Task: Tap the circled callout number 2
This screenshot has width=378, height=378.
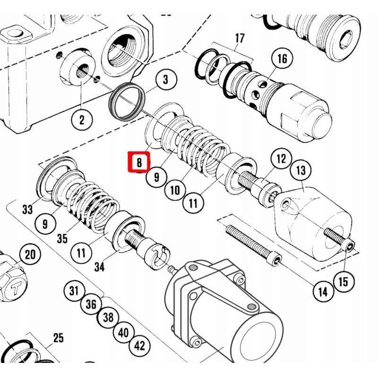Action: click(x=82, y=120)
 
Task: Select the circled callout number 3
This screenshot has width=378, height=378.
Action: click(x=165, y=80)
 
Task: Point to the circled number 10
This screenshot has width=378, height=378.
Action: click(x=175, y=190)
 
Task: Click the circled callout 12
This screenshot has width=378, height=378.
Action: click(x=281, y=159)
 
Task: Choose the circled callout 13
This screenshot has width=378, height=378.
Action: click(x=301, y=170)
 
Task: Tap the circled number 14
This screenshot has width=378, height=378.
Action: click(x=322, y=292)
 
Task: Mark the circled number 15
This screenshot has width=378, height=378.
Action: click(x=344, y=282)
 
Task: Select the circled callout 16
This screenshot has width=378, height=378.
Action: click(x=282, y=59)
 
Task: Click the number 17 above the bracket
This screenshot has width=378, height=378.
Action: click(x=240, y=38)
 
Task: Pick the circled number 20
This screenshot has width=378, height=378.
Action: click(x=30, y=256)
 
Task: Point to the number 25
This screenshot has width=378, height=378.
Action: click(x=58, y=338)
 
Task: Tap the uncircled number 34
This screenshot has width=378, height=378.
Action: click(x=99, y=267)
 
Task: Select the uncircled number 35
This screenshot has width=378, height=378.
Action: click(x=62, y=239)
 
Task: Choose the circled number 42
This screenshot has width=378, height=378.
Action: click(x=139, y=345)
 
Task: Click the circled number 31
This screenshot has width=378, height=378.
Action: click(x=74, y=290)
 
